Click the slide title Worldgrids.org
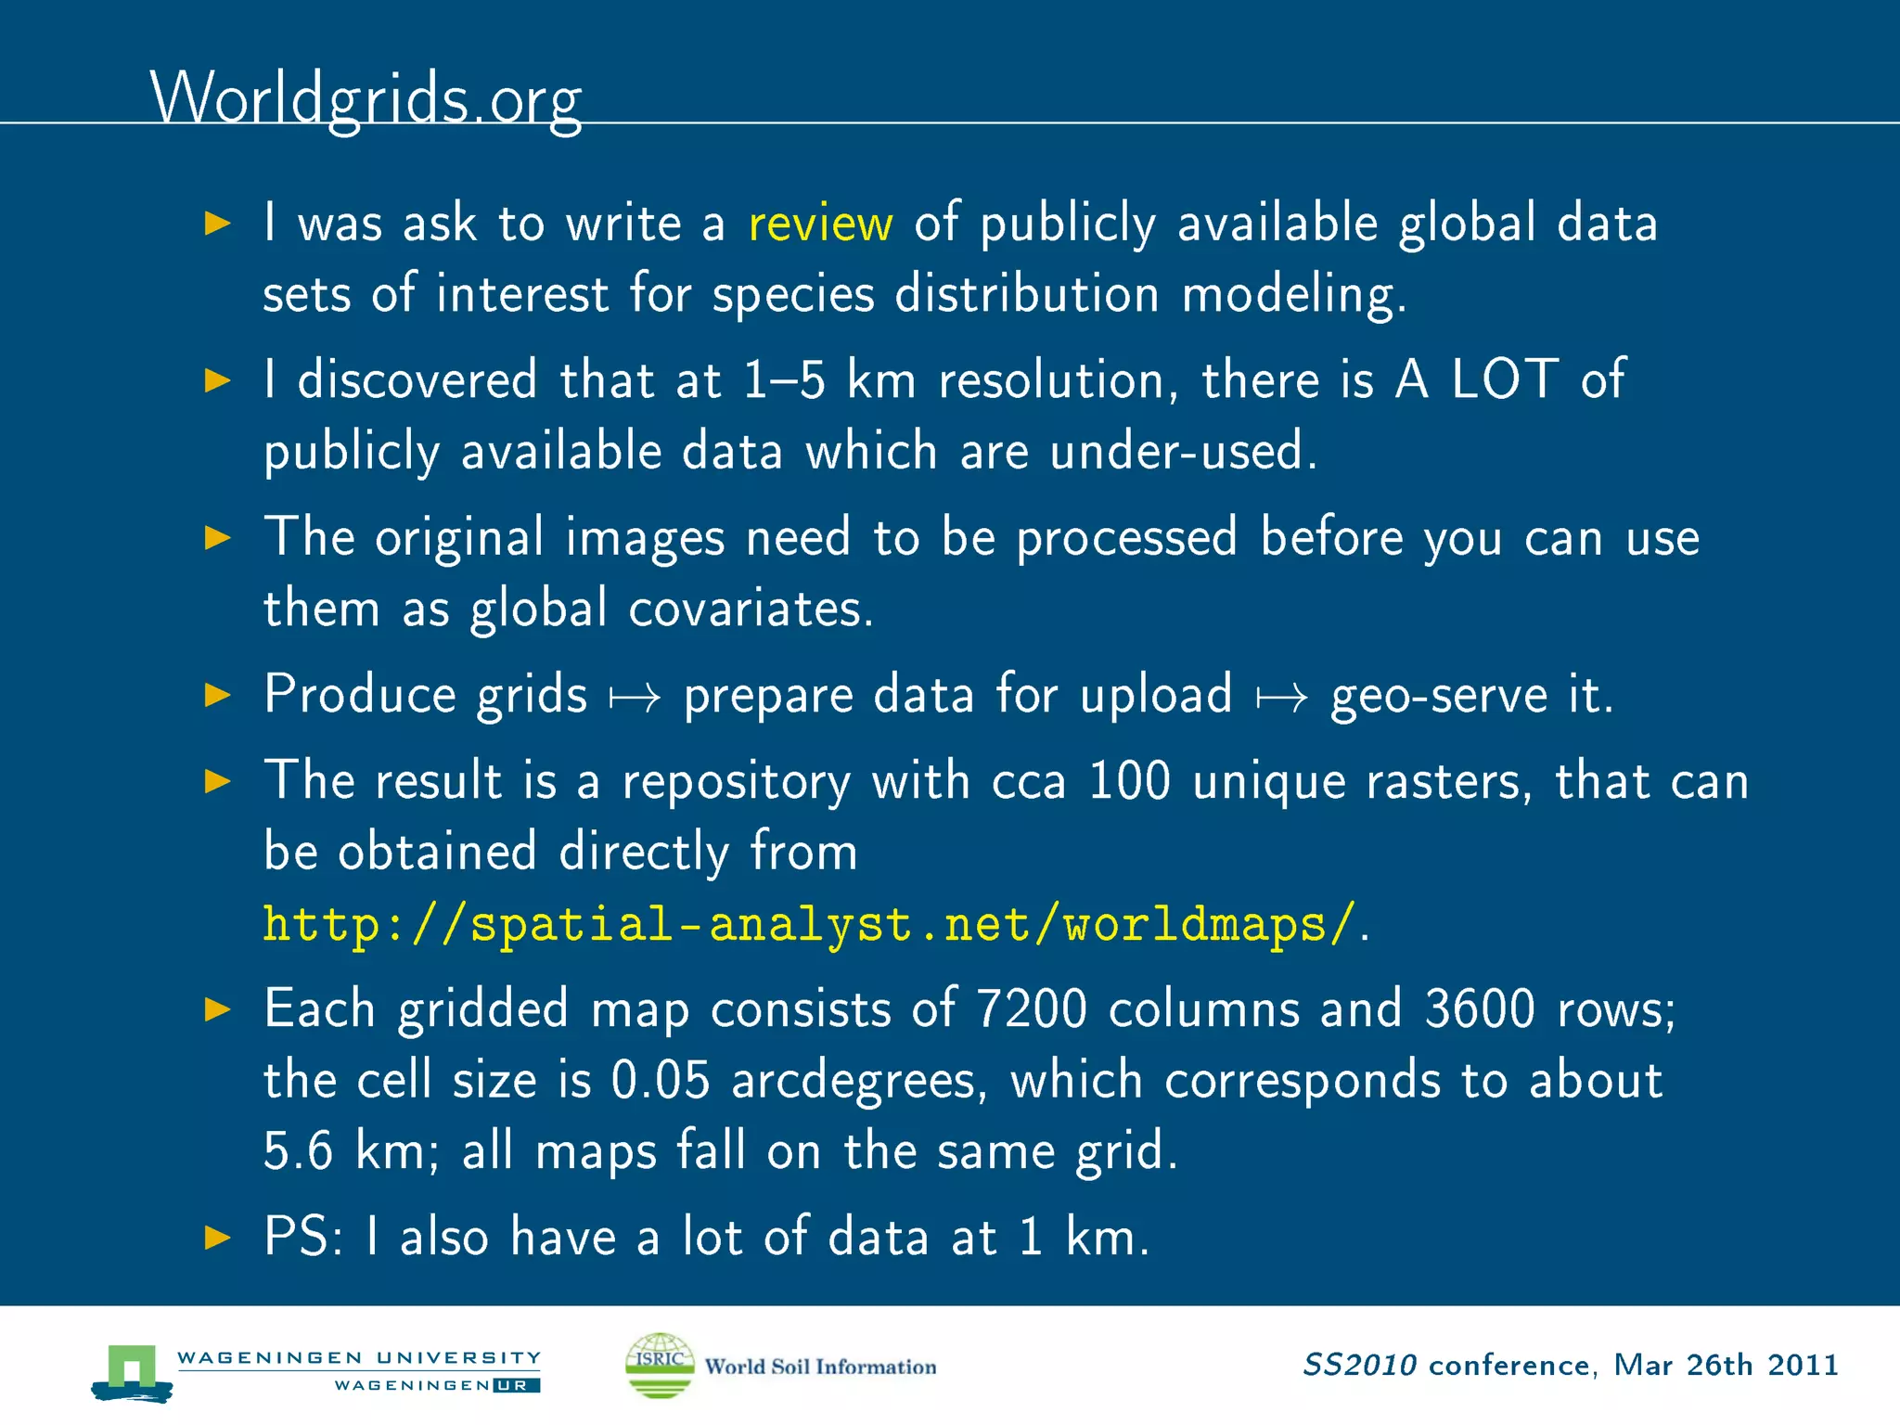(x=366, y=98)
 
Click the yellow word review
(x=820, y=224)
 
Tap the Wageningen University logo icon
(x=132, y=1371)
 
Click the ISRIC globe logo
(x=660, y=1365)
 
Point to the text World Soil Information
(x=820, y=1367)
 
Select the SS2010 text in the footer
(x=1359, y=1365)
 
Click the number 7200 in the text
(x=1031, y=1008)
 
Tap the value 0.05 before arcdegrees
(x=661, y=1080)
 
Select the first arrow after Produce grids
(x=635, y=697)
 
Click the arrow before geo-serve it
(x=1282, y=697)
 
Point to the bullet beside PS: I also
(x=217, y=1237)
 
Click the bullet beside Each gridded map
(x=217, y=1008)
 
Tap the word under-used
(x=1183, y=452)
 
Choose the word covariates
(x=751, y=610)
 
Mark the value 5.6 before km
(x=298, y=1151)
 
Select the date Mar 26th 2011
(x=1726, y=1365)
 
